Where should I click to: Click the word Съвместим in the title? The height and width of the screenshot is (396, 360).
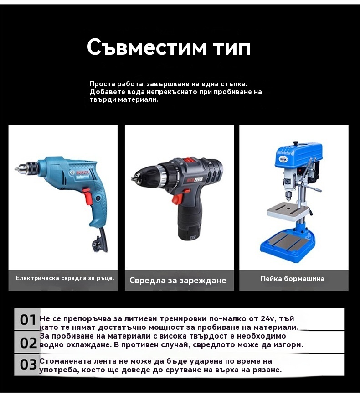click(x=147, y=47)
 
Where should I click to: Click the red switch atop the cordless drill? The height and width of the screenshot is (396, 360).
click(x=187, y=160)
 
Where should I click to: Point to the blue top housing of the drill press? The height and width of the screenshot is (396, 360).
click(x=299, y=154)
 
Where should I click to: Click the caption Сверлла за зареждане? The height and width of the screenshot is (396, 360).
click(x=178, y=281)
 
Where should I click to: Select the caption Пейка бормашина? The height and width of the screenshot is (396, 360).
click(x=293, y=279)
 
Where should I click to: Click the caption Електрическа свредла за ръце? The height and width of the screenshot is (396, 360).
click(x=65, y=278)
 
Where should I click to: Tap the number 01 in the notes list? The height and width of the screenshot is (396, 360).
click(x=28, y=320)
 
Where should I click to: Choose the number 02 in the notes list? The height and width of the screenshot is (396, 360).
click(x=28, y=343)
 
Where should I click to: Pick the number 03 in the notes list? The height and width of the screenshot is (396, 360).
click(x=28, y=365)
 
